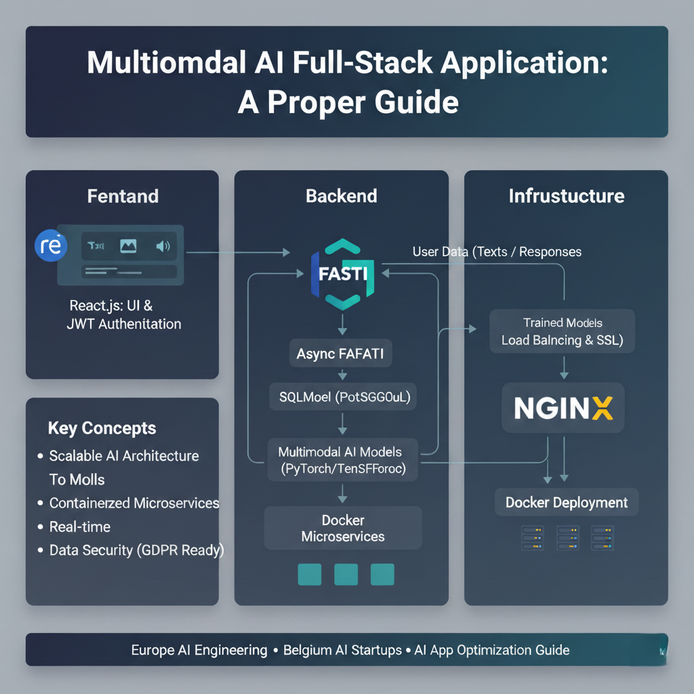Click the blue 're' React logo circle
pos(51,245)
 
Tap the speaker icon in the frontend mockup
pos(163,246)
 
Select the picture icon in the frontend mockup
pos(128,246)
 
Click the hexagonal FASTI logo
pos(342,274)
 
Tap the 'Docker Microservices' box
pos(343,529)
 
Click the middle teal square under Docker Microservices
pos(346,573)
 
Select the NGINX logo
pos(563,407)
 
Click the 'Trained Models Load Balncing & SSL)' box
pos(563,331)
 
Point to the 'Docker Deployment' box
pos(566,502)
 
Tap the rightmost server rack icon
pos(602,537)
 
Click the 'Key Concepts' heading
pos(102,428)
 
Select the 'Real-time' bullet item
pos(80,527)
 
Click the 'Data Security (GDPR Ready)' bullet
pos(136,550)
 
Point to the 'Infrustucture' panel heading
pos(566,197)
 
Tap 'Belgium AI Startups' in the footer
pos(342,650)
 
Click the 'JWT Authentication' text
pos(124,324)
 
